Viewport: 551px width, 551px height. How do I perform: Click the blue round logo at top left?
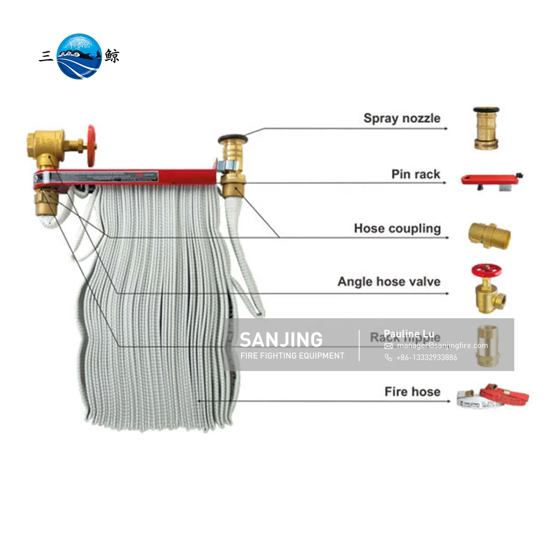[x=79, y=56]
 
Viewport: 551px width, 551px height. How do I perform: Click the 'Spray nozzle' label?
[x=402, y=118]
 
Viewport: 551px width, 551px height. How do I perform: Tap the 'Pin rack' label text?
[x=416, y=174]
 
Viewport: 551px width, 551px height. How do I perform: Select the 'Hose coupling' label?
[x=397, y=229]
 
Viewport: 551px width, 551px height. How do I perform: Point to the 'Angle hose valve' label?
[x=389, y=281]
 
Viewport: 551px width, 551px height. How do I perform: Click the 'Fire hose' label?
[x=412, y=392]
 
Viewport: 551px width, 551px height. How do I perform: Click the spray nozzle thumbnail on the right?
[x=486, y=129]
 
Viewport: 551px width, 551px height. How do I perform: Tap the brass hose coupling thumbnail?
[x=489, y=234]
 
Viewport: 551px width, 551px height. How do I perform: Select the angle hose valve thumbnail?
[x=488, y=288]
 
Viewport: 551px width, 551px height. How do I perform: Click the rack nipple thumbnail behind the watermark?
[x=488, y=346]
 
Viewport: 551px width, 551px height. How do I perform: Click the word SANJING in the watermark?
[x=281, y=340]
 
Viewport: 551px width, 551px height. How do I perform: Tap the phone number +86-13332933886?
[x=427, y=357]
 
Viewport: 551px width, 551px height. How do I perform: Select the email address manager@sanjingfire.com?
[x=442, y=346]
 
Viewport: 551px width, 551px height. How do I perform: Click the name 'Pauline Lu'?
[x=409, y=333]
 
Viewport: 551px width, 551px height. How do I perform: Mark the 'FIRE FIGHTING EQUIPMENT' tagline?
[x=292, y=356]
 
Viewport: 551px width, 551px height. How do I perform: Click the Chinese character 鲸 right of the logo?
[x=112, y=56]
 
